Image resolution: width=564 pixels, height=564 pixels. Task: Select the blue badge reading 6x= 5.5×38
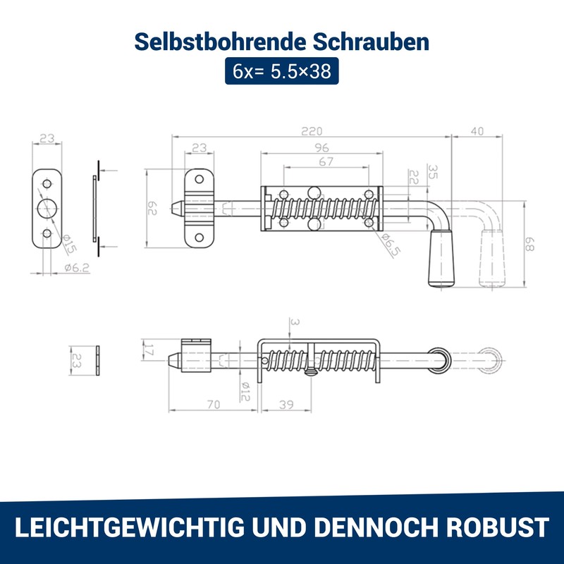[x=282, y=71]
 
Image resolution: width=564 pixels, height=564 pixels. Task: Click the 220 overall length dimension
[x=311, y=131]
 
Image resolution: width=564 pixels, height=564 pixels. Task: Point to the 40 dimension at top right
[x=477, y=131]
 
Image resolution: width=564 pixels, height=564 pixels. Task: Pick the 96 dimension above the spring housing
[x=322, y=148]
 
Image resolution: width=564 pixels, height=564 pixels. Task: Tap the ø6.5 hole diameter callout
[x=390, y=243]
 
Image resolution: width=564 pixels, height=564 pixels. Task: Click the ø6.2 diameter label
[x=77, y=268]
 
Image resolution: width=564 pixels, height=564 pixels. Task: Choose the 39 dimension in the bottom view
[x=286, y=405]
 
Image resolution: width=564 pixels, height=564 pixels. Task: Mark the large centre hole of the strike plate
[x=47, y=208]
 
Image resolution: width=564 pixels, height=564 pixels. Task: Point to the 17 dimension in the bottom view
[x=149, y=348]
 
